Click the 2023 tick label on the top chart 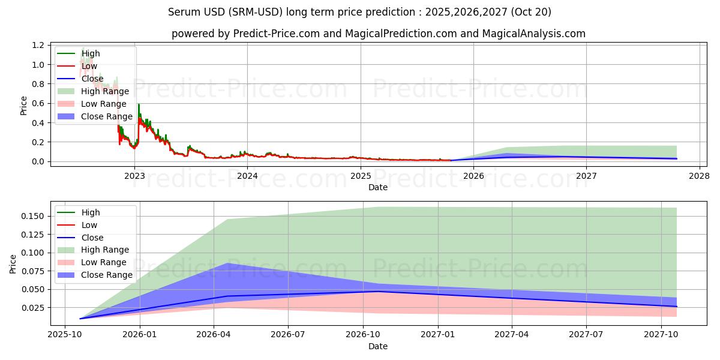pyautogui.click(x=134, y=176)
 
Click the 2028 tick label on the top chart pyautogui.click(x=700, y=176)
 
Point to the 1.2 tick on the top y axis pyautogui.click(x=38, y=46)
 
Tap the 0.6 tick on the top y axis pyautogui.click(x=38, y=103)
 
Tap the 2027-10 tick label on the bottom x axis pyautogui.click(x=661, y=335)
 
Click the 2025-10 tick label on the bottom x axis pyautogui.click(x=65, y=335)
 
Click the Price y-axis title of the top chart pyautogui.click(x=23, y=105)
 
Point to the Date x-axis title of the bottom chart pyautogui.click(x=378, y=346)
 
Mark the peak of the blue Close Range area pyautogui.click(x=227, y=263)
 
